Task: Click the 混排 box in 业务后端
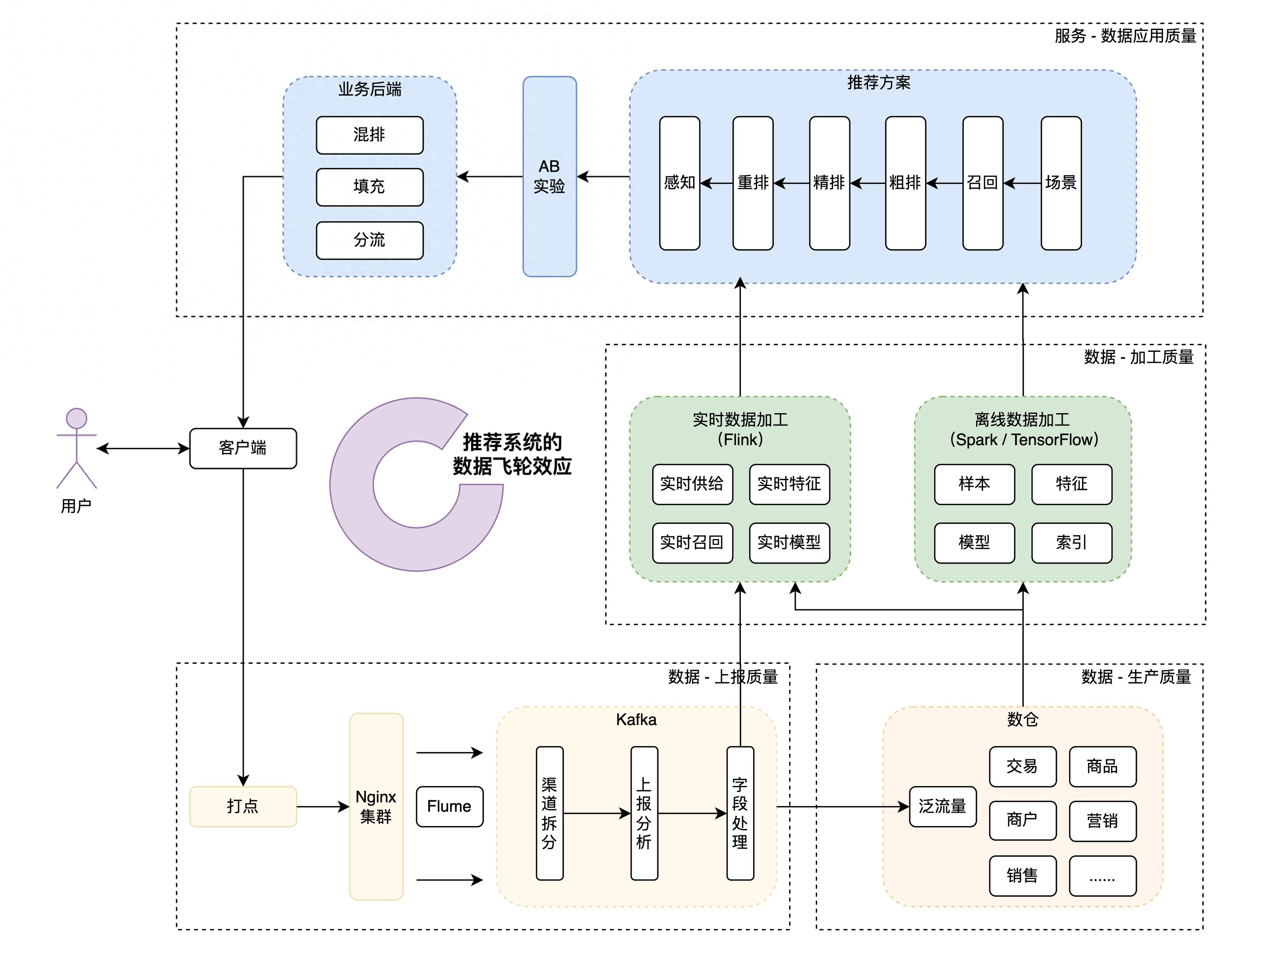click(369, 135)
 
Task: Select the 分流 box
click(369, 240)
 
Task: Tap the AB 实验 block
click(550, 176)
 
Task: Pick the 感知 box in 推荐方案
click(679, 183)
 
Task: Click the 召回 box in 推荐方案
click(982, 183)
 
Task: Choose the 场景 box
click(1061, 183)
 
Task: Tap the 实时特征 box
click(789, 484)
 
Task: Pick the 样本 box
click(974, 484)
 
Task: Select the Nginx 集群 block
click(376, 806)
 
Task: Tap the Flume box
click(449, 806)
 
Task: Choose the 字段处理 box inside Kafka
click(740, 813)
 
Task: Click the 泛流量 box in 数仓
click(942, 806)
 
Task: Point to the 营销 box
click(1102, 821)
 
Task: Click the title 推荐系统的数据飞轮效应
click(512, 454)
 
